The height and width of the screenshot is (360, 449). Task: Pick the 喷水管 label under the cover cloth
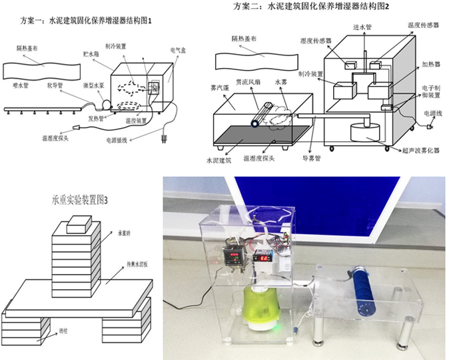point(22,86)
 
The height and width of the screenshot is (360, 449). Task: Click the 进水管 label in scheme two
point(361,27)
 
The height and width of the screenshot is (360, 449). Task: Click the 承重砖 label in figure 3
point(124,234)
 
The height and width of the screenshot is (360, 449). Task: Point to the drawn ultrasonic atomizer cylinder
point(364,133)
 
